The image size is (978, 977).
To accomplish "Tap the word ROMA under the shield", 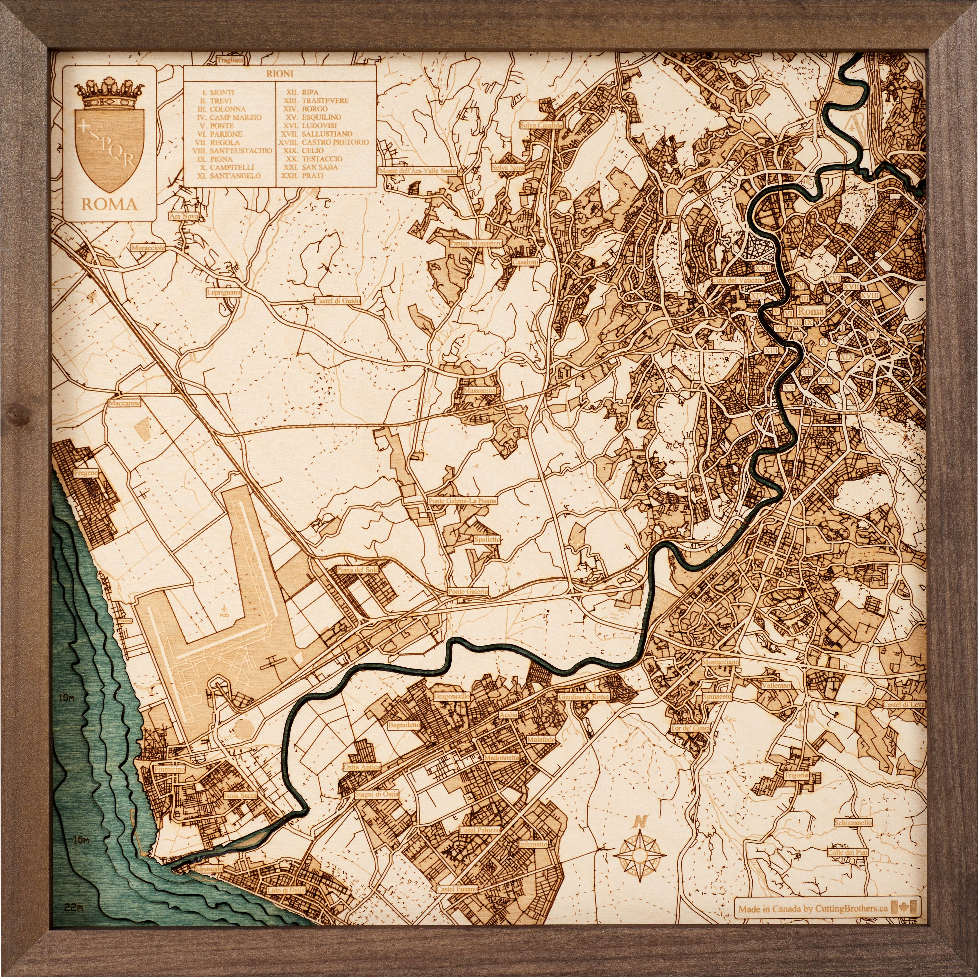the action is point(109,204).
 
